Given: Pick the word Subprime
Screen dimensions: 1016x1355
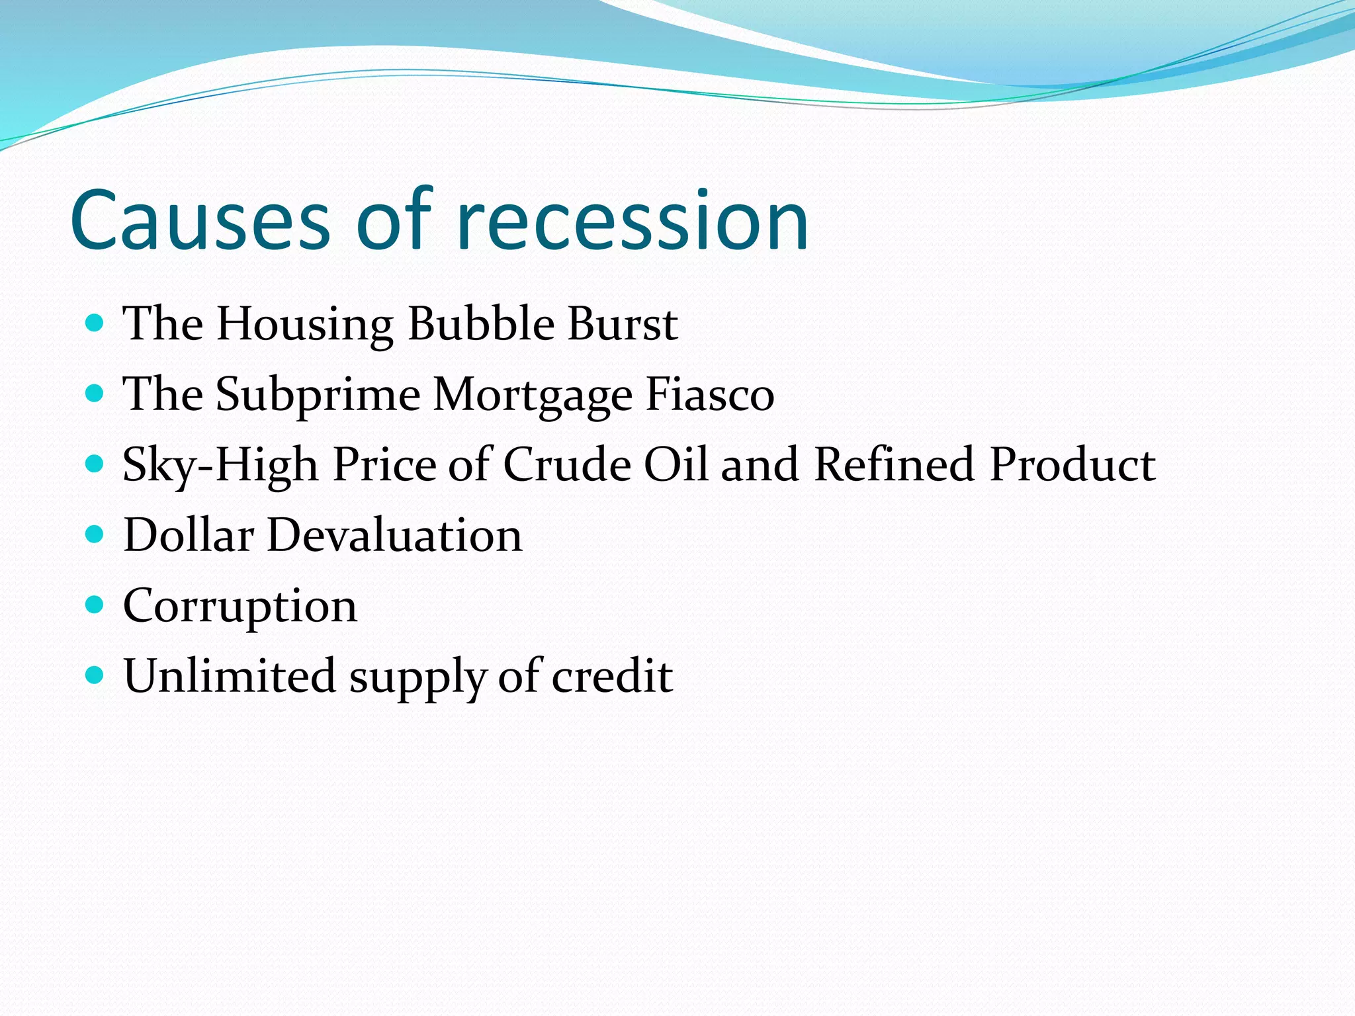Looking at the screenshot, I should coord(318,395).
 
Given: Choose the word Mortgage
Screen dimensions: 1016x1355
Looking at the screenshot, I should coord(533,395).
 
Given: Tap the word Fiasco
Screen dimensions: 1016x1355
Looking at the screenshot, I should coord(709,395).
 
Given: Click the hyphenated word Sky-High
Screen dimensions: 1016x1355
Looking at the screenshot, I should coord(220,465).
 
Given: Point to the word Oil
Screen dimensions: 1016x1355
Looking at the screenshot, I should coord(676,465).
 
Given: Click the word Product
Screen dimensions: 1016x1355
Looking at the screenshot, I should coord(1072,465).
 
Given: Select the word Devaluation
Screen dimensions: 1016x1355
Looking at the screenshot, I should coord(394,535).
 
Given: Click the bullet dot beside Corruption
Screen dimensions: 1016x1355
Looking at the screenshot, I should coord(95,605).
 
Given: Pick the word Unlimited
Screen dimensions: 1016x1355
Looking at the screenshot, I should coord(230,676).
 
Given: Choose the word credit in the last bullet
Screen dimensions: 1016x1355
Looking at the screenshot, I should coord(612,676).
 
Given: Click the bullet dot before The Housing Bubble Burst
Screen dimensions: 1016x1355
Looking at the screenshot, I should coord(95,323).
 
